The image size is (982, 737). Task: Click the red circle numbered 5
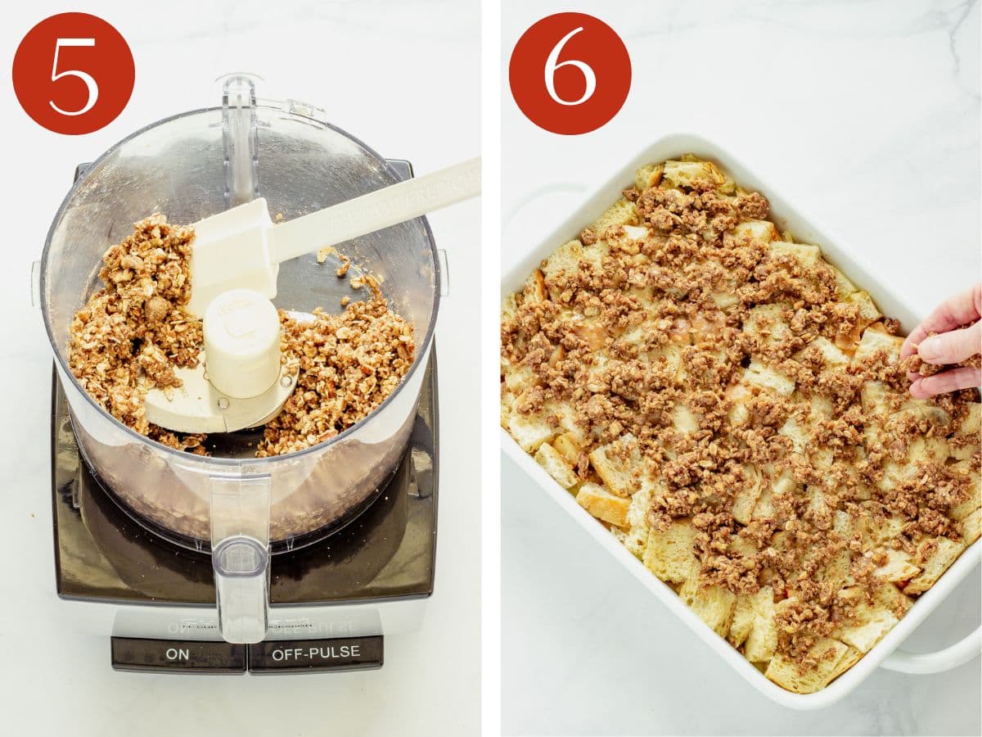pos(74,74)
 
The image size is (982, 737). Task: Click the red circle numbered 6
pos(570,74)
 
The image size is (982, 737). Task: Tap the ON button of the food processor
pos(178,653)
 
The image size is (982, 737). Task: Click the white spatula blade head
pos(232,254)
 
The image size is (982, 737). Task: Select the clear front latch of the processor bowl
pos(240,557)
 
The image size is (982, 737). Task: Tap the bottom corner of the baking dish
pos(806,696)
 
